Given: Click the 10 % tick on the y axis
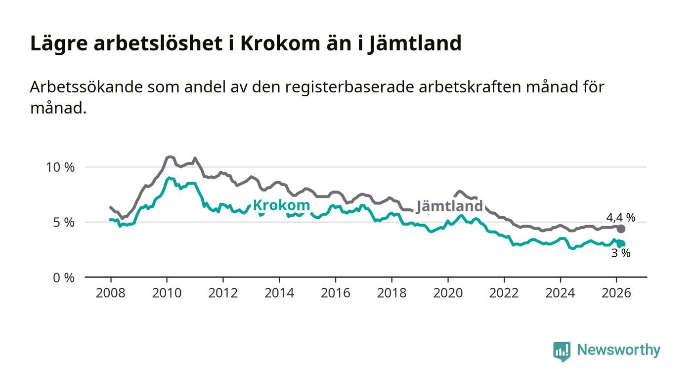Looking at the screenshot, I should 60,167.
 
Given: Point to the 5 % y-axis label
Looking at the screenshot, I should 63,223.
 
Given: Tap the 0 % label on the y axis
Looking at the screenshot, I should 63,278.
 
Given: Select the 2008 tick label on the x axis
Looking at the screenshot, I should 111,293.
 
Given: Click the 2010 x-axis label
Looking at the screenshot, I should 167,293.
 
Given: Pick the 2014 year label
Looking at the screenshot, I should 279,293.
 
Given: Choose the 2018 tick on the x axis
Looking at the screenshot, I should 391,293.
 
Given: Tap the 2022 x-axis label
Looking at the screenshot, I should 504,293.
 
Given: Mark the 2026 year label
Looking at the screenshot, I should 616,293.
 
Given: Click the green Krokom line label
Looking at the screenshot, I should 281,205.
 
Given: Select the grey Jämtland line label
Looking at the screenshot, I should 449,206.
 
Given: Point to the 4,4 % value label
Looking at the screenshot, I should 621,217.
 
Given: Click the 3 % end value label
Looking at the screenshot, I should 621,253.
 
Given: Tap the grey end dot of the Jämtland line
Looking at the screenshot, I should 621,229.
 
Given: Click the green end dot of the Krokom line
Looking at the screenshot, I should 621,244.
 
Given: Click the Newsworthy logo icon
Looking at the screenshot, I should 562,351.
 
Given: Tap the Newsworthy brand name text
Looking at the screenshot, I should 618,350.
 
